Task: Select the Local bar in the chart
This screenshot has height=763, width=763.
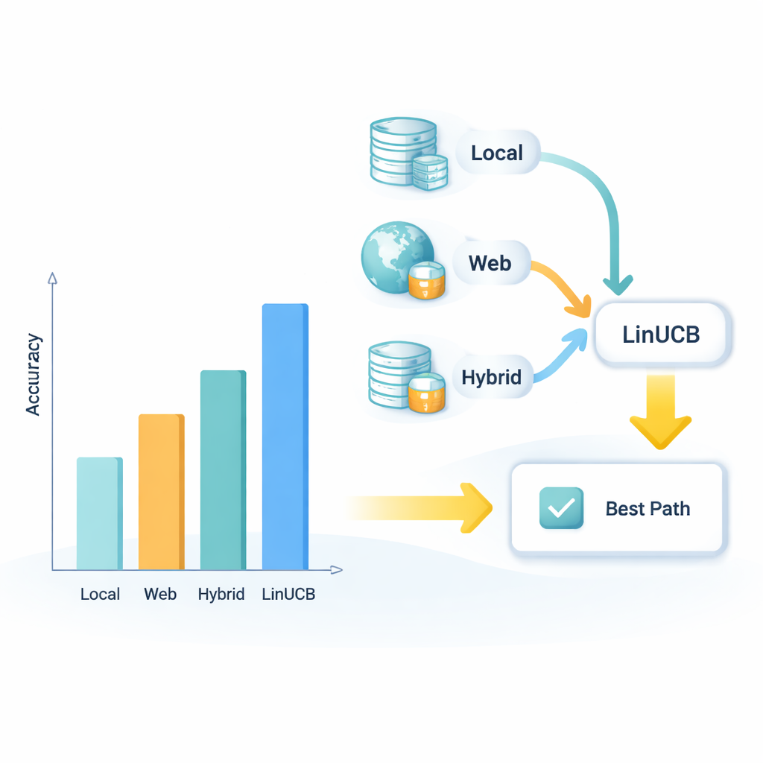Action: pos(99,513)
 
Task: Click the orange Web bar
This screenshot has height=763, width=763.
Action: pos(161,492)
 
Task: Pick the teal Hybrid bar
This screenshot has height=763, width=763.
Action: pos(223,470)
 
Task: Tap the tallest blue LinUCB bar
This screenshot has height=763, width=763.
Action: pos(285,437)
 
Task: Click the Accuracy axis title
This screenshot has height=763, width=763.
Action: pos(33,375)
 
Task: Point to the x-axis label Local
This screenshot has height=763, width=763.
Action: pos(100,594)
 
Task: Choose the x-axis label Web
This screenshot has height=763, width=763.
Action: pos(160,594)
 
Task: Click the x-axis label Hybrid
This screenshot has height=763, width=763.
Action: pos(221,594)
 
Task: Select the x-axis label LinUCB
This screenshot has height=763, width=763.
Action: pos(288,594)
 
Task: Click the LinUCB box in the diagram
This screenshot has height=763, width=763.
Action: pos(662,334)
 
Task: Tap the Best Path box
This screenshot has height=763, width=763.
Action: pos(617,508)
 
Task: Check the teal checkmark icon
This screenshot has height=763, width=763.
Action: pos(560,508)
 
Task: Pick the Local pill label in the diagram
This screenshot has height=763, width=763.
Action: pos(497,153)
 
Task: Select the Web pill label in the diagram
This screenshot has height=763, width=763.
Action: pos(490,262)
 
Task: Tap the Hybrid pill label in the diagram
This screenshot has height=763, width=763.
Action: pos(492,376)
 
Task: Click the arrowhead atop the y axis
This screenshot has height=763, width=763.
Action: pos(52,279)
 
